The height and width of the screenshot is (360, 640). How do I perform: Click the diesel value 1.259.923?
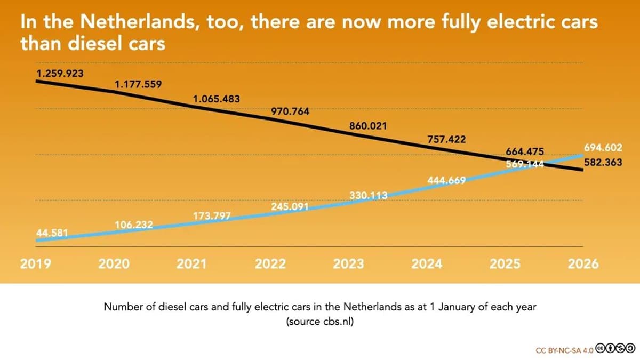pos(60,74)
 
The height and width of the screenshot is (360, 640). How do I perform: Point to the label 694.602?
pos(603,147)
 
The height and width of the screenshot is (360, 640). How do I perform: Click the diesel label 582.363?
pos(603,163)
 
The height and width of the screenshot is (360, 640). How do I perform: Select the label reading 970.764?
pos(290,112)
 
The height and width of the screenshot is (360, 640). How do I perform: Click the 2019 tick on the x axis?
pos(35,264)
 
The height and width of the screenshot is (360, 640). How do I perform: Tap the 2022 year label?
pos(270,264)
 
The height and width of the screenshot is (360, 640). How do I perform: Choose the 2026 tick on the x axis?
pos(583,264)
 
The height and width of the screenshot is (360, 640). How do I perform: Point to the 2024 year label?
pos(427,264)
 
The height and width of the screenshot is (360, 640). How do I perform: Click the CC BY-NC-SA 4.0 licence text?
pos(564,350)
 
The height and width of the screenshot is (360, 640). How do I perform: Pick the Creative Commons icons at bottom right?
pos(615,349)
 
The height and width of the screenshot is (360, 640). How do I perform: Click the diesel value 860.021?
pos(368,126)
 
